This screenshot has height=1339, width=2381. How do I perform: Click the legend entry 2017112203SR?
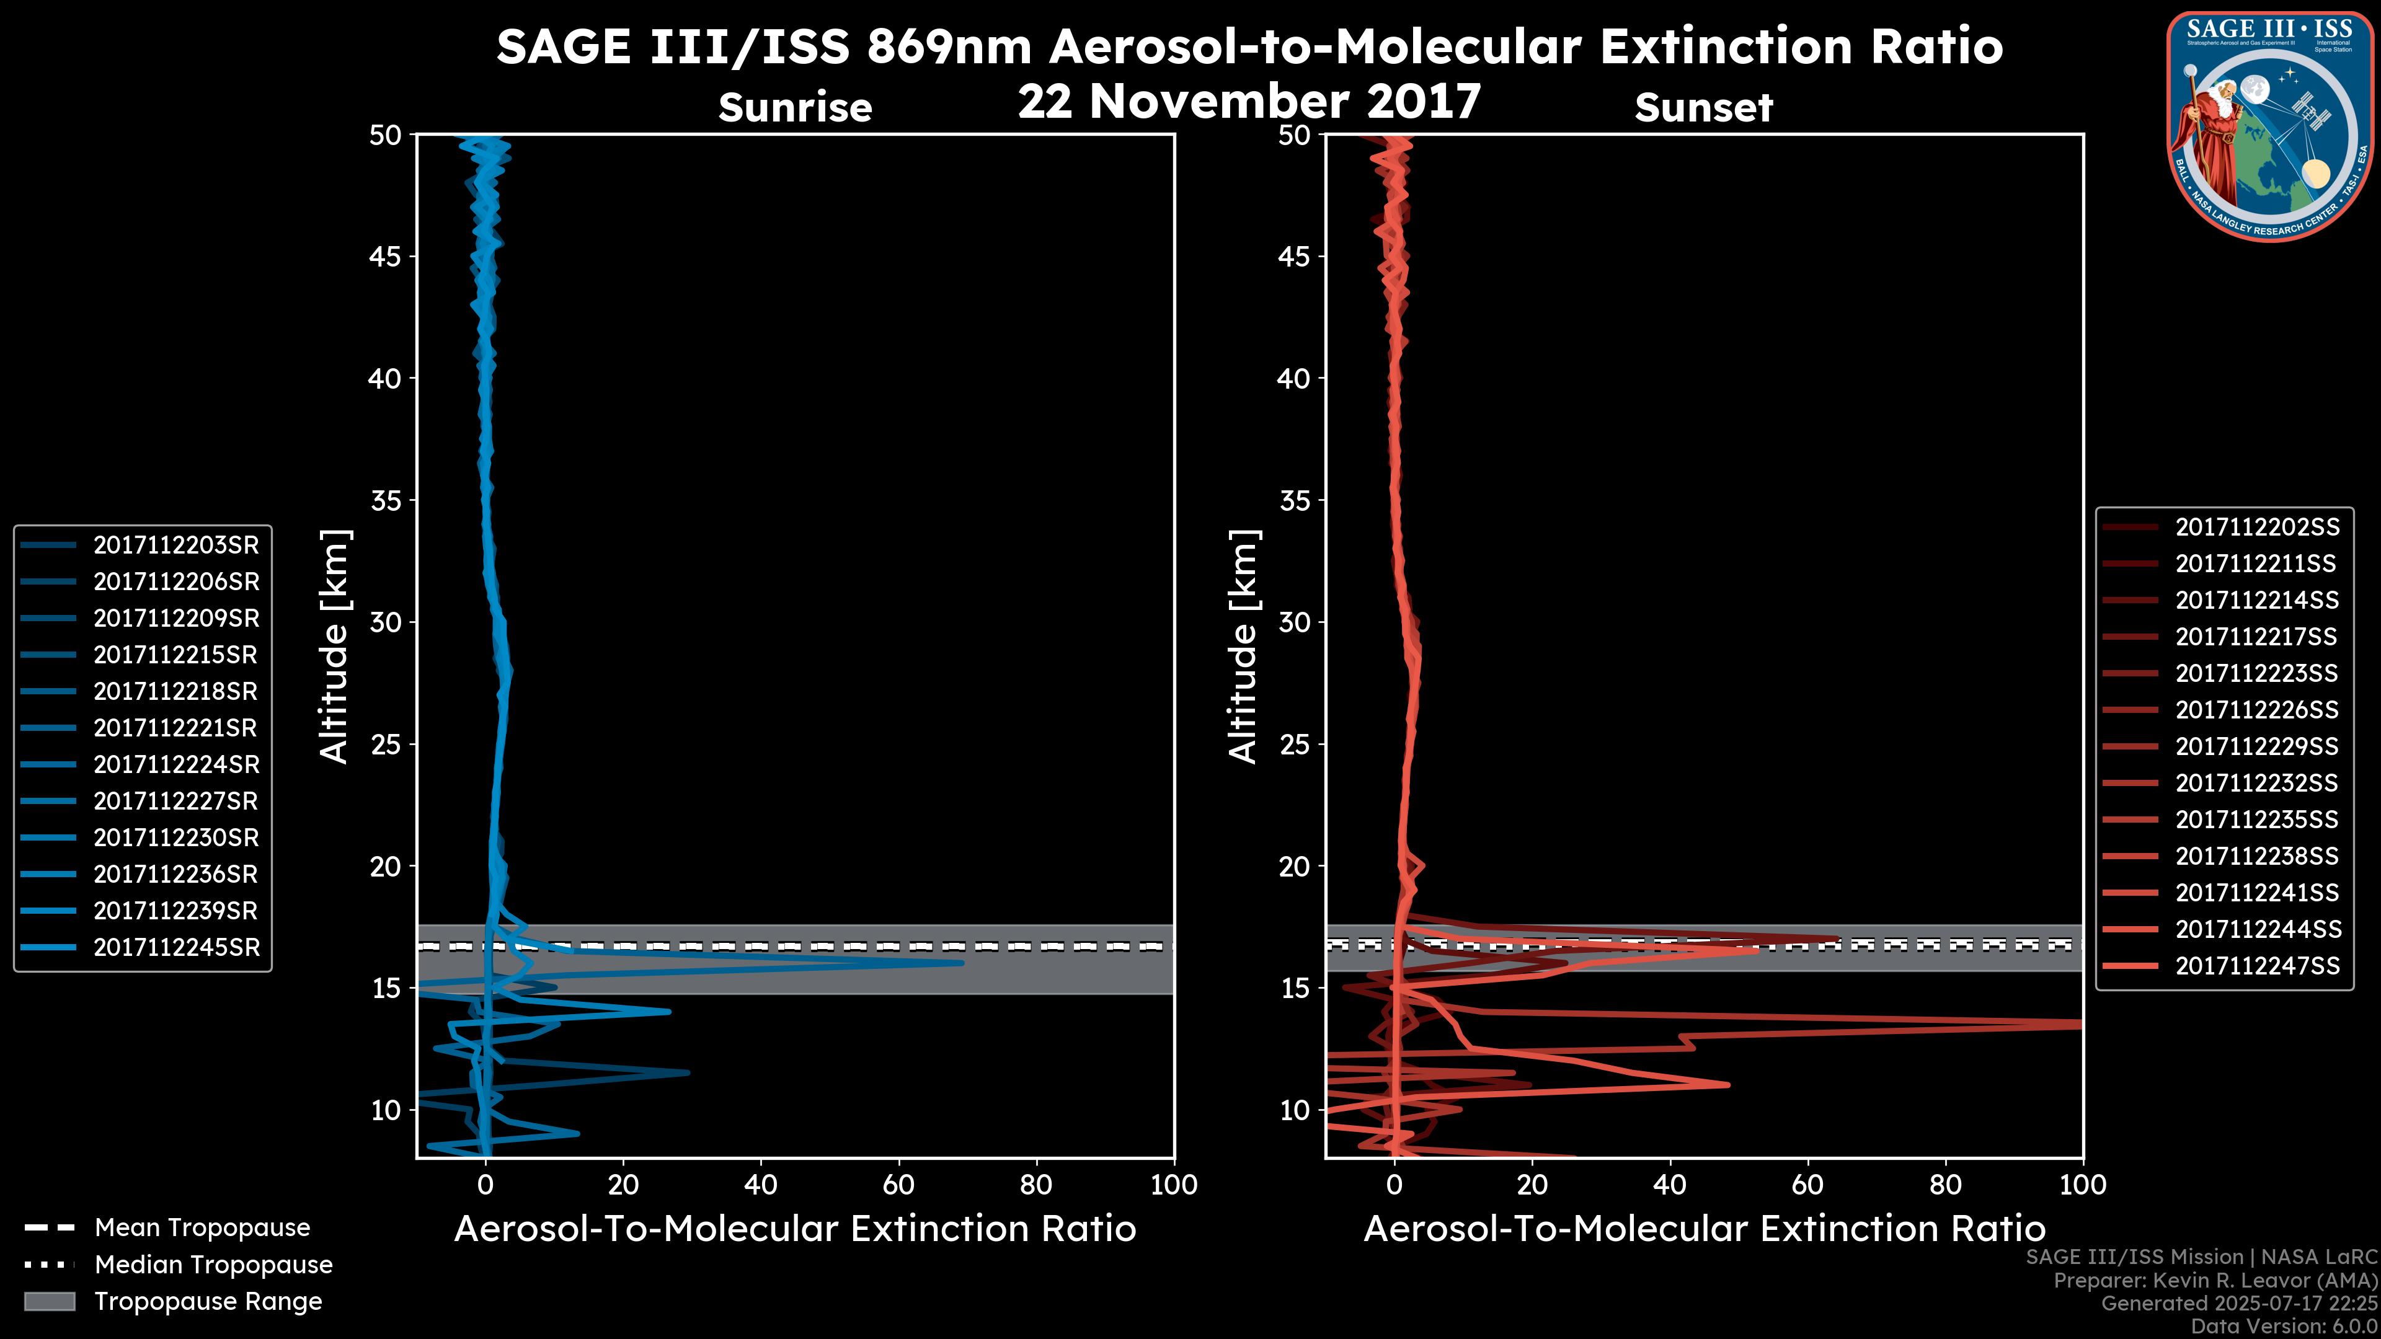coord(175,546)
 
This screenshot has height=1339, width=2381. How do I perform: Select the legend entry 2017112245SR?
coord(175,947)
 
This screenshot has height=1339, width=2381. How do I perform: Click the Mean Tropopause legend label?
coord(202,1227)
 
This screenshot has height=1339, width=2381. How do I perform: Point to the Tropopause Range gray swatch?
coord(49,1301)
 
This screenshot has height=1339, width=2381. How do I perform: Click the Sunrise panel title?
coord(795,108)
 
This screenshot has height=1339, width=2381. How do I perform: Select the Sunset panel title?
coord(1703,108)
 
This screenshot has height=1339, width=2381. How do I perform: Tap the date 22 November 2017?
coord(1249,102)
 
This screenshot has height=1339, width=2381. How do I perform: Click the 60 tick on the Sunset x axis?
coord(1807,1185)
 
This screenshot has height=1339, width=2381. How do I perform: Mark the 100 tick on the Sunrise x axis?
coord(1173,1185)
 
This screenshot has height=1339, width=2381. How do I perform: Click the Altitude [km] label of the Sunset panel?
coord(1243,647)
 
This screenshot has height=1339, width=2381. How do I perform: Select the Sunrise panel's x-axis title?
coord(795,1229)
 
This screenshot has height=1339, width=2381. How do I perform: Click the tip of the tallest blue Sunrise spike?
coord(962,963)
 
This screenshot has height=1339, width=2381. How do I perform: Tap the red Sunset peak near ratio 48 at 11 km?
coord(1727,1085)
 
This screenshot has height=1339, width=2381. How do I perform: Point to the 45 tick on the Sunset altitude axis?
coord(1296,257)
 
